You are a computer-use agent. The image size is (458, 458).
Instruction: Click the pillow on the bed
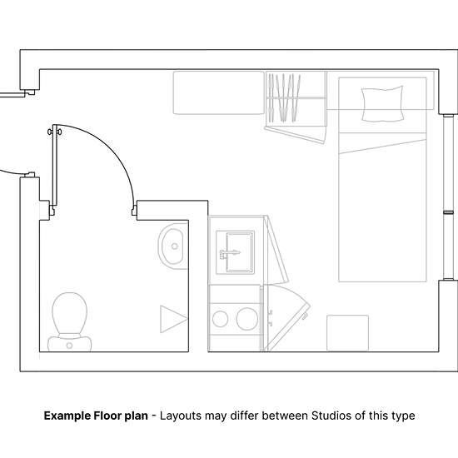point(382,103)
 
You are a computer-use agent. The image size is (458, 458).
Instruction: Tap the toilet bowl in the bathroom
point(69,313)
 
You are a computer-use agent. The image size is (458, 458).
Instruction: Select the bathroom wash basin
point(173,246)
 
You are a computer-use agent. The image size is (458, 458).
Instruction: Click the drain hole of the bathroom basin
point(175,246)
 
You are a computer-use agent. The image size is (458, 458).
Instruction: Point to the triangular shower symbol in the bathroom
point(173,319)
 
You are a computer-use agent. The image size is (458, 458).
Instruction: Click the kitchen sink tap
point(230,253)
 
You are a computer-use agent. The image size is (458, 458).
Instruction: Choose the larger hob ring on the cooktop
point(247,319)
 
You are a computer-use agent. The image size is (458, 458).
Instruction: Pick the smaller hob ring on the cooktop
point(220,319)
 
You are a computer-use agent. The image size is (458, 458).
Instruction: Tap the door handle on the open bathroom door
point(55,132)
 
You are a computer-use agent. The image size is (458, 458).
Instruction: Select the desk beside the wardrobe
point(219,92)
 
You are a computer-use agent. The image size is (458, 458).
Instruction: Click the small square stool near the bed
point(347,333)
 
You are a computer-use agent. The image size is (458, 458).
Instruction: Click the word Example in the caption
point(67,416)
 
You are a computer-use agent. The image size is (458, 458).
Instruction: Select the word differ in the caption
point(245,416)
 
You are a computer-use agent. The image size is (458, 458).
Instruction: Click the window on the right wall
point(448,197)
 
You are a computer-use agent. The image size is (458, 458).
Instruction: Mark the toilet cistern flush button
point(69,346)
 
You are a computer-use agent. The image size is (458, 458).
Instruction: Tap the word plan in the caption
point(137,416)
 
